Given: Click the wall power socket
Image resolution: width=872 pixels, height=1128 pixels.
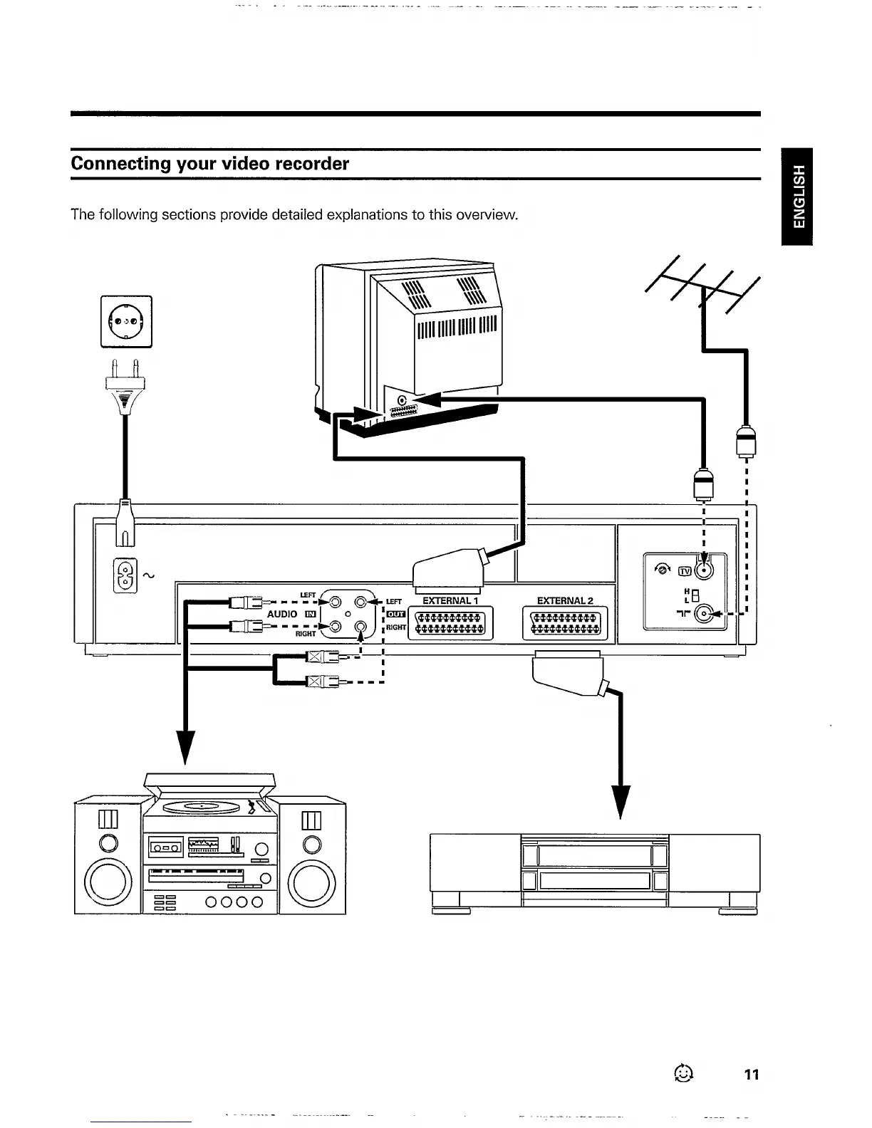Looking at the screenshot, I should pos(126,321).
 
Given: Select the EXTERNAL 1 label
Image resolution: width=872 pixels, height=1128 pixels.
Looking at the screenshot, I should pos(450,600).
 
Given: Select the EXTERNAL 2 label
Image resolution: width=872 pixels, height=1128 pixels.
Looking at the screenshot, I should pos(565,600).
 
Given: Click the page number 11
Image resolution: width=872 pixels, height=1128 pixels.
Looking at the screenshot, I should pos(752,1075).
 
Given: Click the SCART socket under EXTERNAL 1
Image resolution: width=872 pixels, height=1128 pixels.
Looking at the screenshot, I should pos(450,622).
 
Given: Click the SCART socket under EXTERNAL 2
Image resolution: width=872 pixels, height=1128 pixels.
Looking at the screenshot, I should pos(565,622).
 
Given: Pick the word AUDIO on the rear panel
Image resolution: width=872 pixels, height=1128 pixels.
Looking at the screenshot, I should pos(282,614).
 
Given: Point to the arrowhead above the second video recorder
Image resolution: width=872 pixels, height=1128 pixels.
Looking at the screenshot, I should pos(621,801).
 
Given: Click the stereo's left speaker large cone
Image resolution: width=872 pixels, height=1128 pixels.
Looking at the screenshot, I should pos(108,885).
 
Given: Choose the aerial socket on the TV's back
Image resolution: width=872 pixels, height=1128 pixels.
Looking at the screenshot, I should pos(403,401).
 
